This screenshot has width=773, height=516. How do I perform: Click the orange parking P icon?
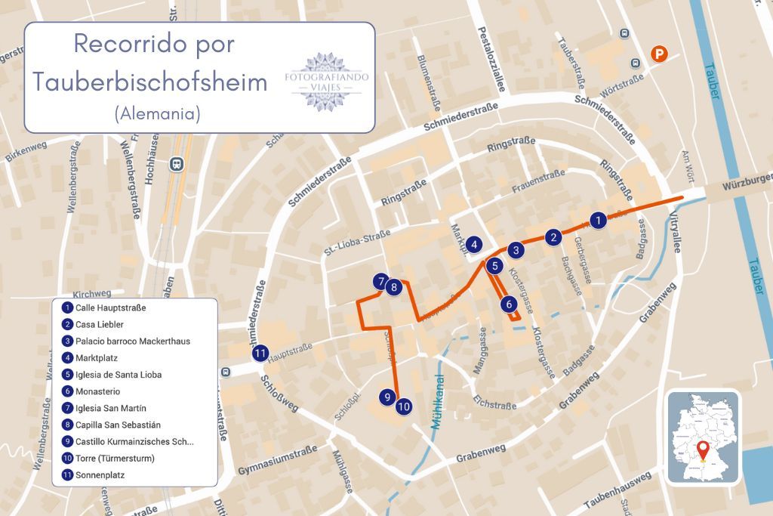[x=660, y=54]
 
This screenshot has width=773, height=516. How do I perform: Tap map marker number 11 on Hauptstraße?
[x=260, y=353]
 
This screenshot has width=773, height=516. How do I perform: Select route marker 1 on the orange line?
[x=597, y=221]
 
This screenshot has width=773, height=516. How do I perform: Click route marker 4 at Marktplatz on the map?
[x=473, y=244]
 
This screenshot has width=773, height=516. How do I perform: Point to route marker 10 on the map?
[x=404, y=406]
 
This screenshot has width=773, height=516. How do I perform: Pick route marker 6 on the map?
[x=508, y=304]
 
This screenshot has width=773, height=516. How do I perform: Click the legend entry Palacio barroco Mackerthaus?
[x=132, y=341]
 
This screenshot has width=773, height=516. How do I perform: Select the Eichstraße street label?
[x=494, y=400]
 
